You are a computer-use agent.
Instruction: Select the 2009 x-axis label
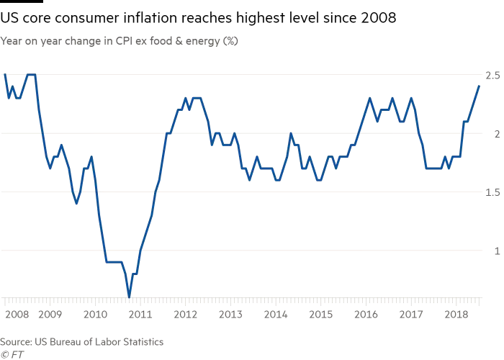click(x=49, y=315)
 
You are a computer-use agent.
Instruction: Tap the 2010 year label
click(x=95, y=315)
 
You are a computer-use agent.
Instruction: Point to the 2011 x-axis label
click(x=140, y=315)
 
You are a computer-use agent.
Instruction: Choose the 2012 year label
click(x=185, y=315)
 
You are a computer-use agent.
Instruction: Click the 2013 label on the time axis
click(x=230, y=315)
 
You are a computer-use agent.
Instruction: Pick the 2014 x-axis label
click(x=276, y=315)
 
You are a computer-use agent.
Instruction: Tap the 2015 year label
click(x=320, y=315)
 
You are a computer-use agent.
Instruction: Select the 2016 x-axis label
click(x=366, y=315)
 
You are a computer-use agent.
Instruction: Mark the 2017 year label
click(x=410, y=315)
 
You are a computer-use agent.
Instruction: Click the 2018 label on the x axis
click(x=455, y=315)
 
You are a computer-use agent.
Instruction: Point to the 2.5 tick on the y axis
click(x=492, y=75)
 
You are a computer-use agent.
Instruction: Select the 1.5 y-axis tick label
click(x=492, y=192)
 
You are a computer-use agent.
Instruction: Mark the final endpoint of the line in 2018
click(x=479, y=86)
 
